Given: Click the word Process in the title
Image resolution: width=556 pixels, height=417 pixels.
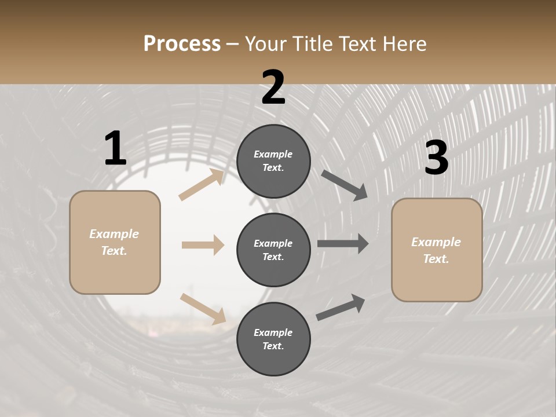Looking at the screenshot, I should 182,44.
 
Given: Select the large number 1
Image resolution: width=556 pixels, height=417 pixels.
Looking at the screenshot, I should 115,149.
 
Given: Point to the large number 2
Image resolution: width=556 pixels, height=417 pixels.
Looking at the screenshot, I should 273,88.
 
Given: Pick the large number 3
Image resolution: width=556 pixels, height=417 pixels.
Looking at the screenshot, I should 436,158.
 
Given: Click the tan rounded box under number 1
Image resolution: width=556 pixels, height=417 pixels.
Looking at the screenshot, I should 115,242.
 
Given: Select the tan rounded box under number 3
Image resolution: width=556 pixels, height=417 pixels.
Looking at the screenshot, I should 437,250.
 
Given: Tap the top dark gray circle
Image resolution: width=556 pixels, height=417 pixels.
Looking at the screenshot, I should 273,160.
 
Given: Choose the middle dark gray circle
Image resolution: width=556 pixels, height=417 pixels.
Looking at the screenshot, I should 273,250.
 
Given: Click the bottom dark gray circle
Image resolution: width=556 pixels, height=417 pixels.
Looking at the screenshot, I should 273,339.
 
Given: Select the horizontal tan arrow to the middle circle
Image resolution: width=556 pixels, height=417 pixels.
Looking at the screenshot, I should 203,245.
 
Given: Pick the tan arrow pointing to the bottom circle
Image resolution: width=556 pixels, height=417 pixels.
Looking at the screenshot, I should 203,308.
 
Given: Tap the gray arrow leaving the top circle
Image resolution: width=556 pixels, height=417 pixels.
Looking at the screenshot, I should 344,185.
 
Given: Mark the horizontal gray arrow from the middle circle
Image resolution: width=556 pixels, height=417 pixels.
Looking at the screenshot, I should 343,244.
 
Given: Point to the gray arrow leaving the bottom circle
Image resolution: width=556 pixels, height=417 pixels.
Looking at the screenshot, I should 341,307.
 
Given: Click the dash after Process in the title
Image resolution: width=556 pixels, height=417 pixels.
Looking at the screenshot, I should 233,44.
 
